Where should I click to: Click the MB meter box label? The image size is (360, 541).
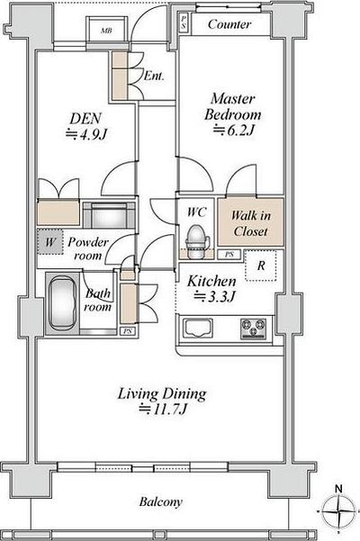pyautogui.click(x=106, y=31)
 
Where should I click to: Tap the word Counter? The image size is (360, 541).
pyautogui.click(x=229, y=24)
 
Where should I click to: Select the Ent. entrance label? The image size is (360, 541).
pyautogui.click(x=154, y=76)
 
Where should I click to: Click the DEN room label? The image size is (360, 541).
pyautogui.click(x=85, y=118)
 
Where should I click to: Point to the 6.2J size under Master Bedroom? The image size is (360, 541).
pyautogui.click(x=234, y=131)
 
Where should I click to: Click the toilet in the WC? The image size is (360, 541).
pyautogui.click(x=197, y=241)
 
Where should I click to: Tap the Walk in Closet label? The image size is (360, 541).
pyautogui.click(x=251, y=223)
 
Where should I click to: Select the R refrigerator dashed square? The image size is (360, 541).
pyautogui.click(x=261, y=266)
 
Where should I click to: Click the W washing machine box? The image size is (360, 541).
pyautogui.click(x=50, y=242)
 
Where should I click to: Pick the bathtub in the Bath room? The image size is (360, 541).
pyautogui.click(x=62, y=302)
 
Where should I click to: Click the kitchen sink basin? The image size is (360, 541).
pyautogui.click(x=197, y=329)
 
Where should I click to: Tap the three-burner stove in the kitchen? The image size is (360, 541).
pyautogui.click(x=254, y=329)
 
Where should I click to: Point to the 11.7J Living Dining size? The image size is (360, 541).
pyautogui.click(x=163, y=410)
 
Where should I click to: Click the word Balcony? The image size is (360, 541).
pyautogui.click(x=161, y=502)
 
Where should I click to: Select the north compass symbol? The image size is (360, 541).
pyautogui.click(x=338, y=510)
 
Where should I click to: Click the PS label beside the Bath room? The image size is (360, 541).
pyautogui.click(x=128, y=331)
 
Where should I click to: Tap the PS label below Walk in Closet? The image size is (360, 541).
pyautogui.click(x=229, y=255)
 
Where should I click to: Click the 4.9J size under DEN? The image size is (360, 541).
pyautogui.click(x=87, y=134)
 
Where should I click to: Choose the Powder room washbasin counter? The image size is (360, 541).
pyautogui.click(x=109, y=215)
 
